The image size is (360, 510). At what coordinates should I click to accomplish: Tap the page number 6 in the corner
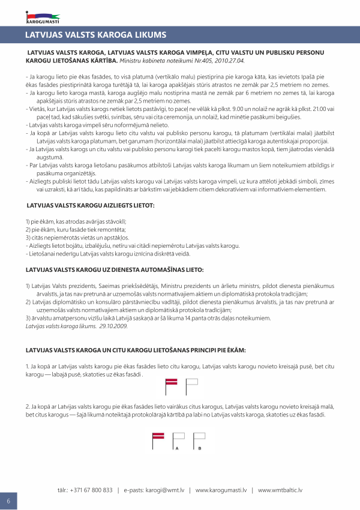[8, 501]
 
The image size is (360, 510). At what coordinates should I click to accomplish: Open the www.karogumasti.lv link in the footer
[221, 490]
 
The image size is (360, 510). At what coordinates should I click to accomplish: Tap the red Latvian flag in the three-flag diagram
[159, 437]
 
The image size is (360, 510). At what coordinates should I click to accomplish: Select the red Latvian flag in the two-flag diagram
[172, 382]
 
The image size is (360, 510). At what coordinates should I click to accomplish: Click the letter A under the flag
[176, 448]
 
